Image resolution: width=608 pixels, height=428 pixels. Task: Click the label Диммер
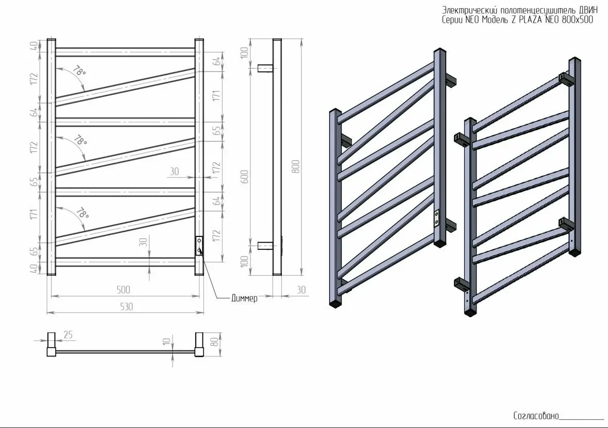[244, 299]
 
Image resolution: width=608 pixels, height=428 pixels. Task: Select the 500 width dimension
[123, 289]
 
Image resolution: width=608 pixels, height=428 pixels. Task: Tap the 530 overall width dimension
[126, 306]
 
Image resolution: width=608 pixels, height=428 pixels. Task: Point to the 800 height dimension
[296, 166]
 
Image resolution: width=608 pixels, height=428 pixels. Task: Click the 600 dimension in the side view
[245, 177]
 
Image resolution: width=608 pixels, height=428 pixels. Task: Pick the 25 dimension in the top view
[68, 335]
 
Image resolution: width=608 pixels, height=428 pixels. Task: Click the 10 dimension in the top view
[167, 341]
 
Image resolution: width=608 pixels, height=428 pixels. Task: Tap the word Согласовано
[536, 416]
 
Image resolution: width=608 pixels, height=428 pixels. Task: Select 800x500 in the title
[577, 20]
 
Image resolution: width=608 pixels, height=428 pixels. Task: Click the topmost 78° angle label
[79, 72]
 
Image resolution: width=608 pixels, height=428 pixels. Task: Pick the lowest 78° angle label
[82, 213]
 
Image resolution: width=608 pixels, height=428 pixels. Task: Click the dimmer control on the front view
[199, 246]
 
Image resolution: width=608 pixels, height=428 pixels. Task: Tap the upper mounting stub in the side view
[265, 69]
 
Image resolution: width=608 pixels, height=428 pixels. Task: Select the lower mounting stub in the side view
[265, 245]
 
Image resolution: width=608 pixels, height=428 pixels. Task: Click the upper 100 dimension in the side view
[244, 53]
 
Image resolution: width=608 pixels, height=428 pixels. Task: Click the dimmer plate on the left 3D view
[437, 217]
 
